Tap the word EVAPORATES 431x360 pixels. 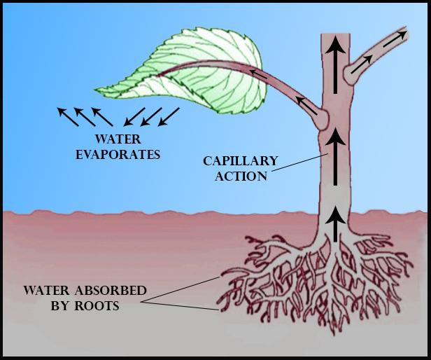pos(118,153)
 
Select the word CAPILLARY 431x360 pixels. pos(240,162)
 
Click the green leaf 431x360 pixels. pos(203,63)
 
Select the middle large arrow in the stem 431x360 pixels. pos(338,151)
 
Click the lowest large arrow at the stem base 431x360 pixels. pos(338,223)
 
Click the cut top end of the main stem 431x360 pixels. pos(338,34)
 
